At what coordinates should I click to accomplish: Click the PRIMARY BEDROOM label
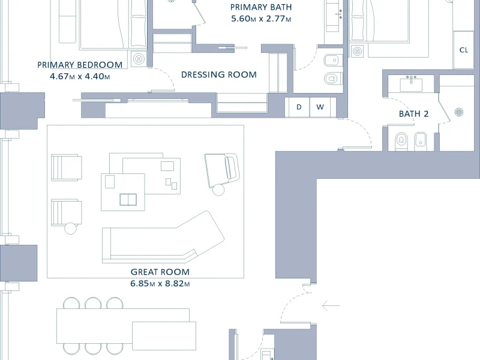coord(80,65)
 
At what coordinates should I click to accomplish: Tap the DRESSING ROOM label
coord(219,74)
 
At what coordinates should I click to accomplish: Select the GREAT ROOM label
coord(160,272)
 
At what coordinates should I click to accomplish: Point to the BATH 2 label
coord(413,114)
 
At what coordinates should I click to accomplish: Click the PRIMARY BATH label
coord(261,7)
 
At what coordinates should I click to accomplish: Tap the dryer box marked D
coord(298,107)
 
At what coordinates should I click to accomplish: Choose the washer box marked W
coord(320,107)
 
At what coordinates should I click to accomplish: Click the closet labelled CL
coord(463,50)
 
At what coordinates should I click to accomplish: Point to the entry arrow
coord(331,305)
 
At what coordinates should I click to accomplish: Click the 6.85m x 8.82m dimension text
coord(160,283)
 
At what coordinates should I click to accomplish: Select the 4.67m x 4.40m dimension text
coord(80,76)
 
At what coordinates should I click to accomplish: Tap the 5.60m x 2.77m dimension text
coord(261,19)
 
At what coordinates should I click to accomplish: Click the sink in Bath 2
coord(411,84)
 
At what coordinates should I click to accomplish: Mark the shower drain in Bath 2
coord(458,112)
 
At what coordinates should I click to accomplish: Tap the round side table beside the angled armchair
coord(218,190)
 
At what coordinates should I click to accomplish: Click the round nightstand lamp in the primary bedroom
coord(139,58)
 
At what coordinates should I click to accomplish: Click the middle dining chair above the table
coord(93,303)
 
